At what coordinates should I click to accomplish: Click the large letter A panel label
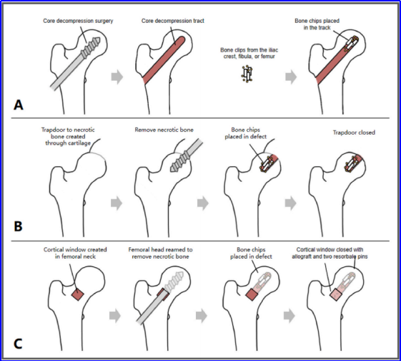[x=19, y=105]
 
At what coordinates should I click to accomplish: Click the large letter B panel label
[x=18, y=226]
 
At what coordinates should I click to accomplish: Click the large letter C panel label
[x=18, y=344]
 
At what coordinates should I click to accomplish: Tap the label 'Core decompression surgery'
[x=78, y=21]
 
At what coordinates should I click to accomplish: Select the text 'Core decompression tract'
[x=173, y=21]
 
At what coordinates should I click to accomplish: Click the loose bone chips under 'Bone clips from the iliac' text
[x=247, y=74]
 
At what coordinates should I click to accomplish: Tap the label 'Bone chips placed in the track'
[x=317, y=24]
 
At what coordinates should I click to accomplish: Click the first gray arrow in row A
[x=117, y=77]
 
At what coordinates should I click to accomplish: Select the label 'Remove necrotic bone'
[x=164, y=130]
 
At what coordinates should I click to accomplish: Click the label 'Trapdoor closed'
[x=354, y=133]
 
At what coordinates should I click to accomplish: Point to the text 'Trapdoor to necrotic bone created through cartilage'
[x=68, y=136]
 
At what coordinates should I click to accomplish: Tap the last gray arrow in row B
[x=291, y=203]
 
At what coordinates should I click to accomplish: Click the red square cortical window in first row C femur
[x=77, y=294]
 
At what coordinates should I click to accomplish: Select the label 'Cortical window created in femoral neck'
[x=75, y=253]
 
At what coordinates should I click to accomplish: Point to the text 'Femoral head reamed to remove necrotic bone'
[x=161, y=253]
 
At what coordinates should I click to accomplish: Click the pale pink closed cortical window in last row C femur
[x=336, y=294]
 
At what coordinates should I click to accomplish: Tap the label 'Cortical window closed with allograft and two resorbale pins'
[x=330, y=253]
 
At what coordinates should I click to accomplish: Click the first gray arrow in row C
[x=115, y=316]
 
